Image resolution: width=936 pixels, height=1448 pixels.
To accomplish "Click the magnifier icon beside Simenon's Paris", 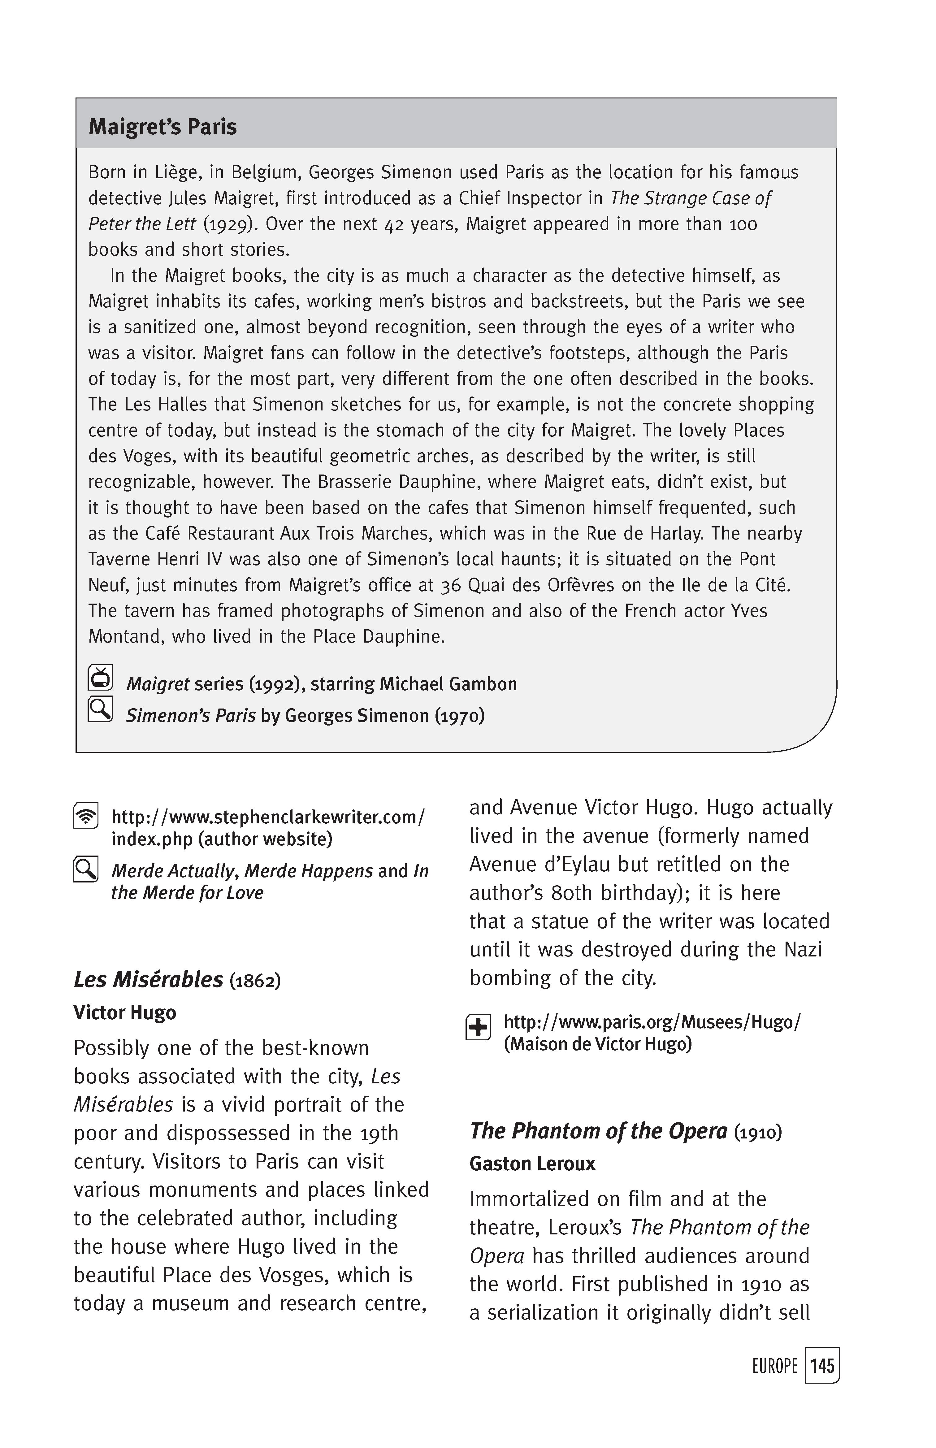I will (100, 709).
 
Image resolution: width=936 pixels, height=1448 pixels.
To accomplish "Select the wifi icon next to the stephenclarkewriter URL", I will (86, 816).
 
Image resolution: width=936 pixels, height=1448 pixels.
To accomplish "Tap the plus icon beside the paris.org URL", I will (478, 1027).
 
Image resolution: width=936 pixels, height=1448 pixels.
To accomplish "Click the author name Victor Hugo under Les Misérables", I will (125, 1012).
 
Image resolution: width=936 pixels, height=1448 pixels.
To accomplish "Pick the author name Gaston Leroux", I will (532, 1164).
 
